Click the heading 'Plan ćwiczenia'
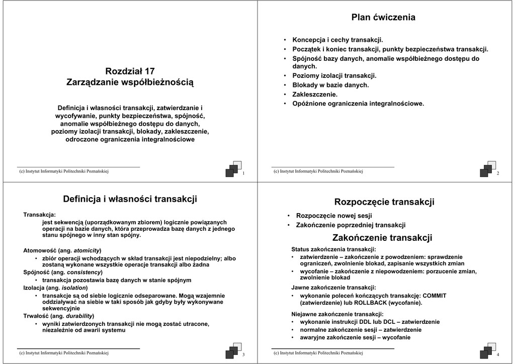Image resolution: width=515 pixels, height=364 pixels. (x=383, y=18)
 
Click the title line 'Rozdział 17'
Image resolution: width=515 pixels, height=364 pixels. (x=130, y=71)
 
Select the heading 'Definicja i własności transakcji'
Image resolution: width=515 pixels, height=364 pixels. (x=130, y=200)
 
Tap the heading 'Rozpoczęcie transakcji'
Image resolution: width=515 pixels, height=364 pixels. (x=384, y=202)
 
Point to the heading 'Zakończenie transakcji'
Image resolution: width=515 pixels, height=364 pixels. (x=382, y=238)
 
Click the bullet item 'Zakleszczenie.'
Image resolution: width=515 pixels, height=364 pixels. (x=315, y=95)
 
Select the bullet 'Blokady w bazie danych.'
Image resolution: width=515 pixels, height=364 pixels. (x=330, y=85)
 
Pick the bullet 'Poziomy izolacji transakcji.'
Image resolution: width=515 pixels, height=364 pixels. (x=334, y=75)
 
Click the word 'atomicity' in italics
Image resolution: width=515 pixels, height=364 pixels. (x=87, y=250)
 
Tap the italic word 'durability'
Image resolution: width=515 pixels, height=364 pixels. (x=79, y=316)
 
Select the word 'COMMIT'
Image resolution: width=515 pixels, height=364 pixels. (x=434, y=296)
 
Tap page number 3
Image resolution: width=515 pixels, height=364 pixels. (x=243, y=355)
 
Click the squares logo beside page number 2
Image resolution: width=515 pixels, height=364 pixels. (x=487, y=169)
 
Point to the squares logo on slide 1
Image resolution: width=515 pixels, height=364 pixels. (x=233, y=169)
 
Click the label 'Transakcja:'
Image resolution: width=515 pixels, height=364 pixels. (x=40, y=215)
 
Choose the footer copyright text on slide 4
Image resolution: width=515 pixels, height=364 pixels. (x=318, y=353)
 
